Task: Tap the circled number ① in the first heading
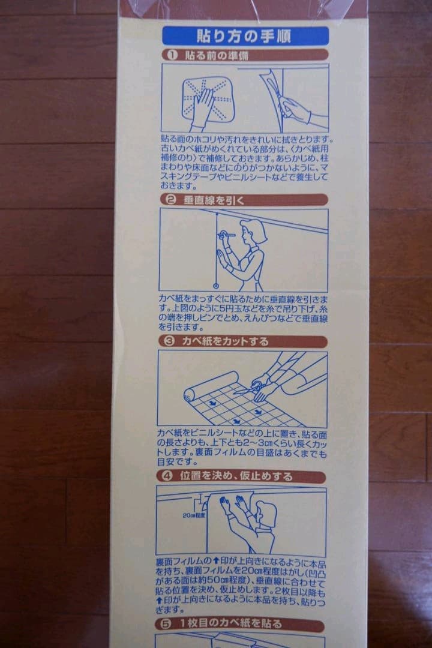coord(170,55)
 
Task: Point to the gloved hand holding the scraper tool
coord(295,110)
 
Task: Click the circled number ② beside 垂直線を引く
coord(170,200)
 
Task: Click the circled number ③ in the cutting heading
coord(169,341)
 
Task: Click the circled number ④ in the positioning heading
coord(168,476)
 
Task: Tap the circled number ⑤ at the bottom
coord(166,624)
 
